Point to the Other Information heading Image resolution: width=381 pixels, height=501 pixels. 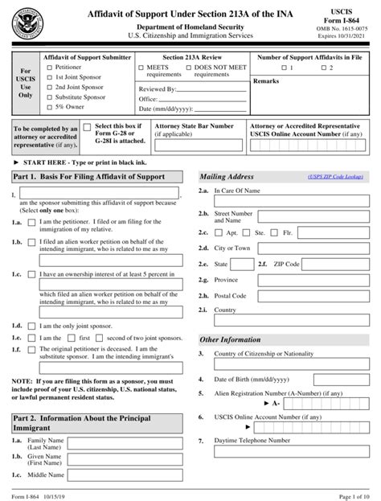tap(230, 339)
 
